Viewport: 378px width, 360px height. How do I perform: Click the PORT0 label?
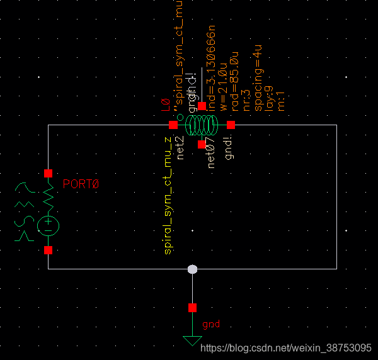pyautogui.click(x=81, y=184)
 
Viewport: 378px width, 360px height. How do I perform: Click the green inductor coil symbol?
pyautogui.click(x=202, y=125)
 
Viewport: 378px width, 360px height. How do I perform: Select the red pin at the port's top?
pyautogui.click(x=48, y=173)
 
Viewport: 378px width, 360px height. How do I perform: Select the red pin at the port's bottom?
pyautogui.click(x=48, y=250)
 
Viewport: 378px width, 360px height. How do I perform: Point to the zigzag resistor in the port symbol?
pyautogui.click(x=48, y=196)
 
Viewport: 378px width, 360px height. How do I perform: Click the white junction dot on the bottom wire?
pyautogui.click(x=193, y=269)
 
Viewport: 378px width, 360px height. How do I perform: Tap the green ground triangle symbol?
pyautogui.click(x=192, y=340)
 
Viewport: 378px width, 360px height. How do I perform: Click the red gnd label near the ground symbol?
pyautogui.click(x=211, y=325)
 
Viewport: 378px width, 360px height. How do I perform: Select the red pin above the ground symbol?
pyautogui.click(x=192, y=308)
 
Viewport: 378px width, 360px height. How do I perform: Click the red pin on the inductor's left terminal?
pyautogui.click(x=173, y=125)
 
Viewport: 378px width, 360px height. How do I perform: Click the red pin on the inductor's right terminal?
pyautogui.click(x=231, y=125)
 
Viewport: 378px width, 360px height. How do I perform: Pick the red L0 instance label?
pyautogui.click(x=166, y=104)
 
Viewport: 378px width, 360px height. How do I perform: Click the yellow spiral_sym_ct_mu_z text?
pyautogui.click(x=168, y=195)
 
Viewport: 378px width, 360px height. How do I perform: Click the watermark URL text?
pyautogui.click(x=285, y=347)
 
